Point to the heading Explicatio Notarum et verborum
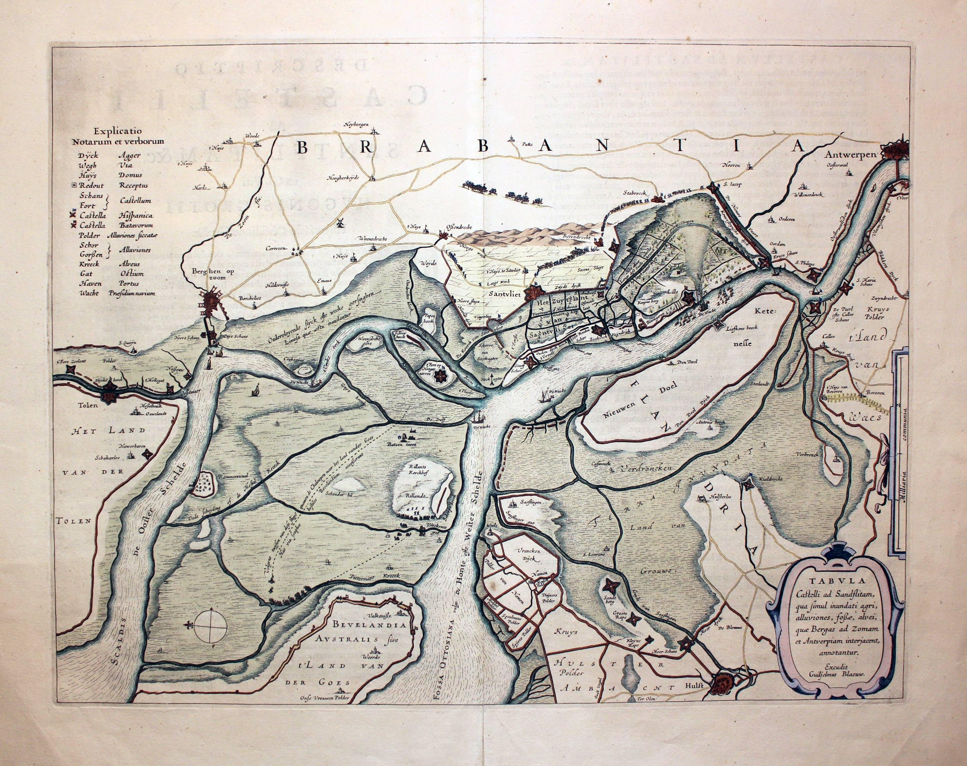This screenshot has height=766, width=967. coord(118,135)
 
